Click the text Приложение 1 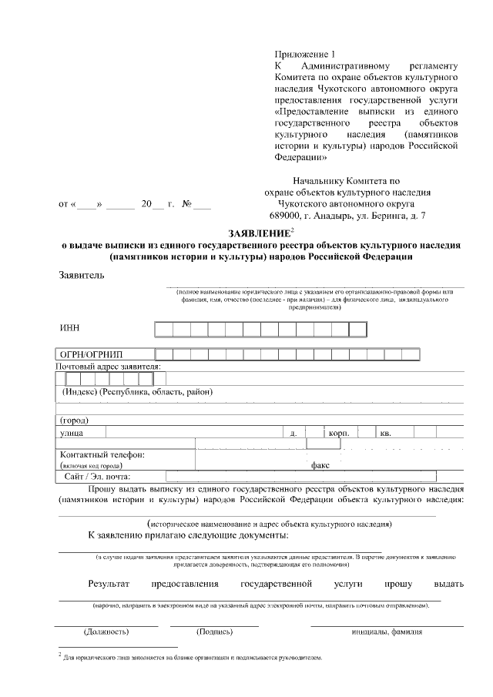click(x=306, y=54)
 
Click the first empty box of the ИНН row click(x=163, y=329)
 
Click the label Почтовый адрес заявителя click(x=108, y=366)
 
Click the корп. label click(x=339, y=434)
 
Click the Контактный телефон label click(x=102, y=454)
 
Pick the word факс click(x=320, y=465)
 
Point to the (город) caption click(x=74, y=421)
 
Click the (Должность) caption click(x=106, y=632)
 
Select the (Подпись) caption click(x=215, y=632)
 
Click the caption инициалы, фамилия click(x=387, y=632)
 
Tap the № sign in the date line click(x=186, y=204)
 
